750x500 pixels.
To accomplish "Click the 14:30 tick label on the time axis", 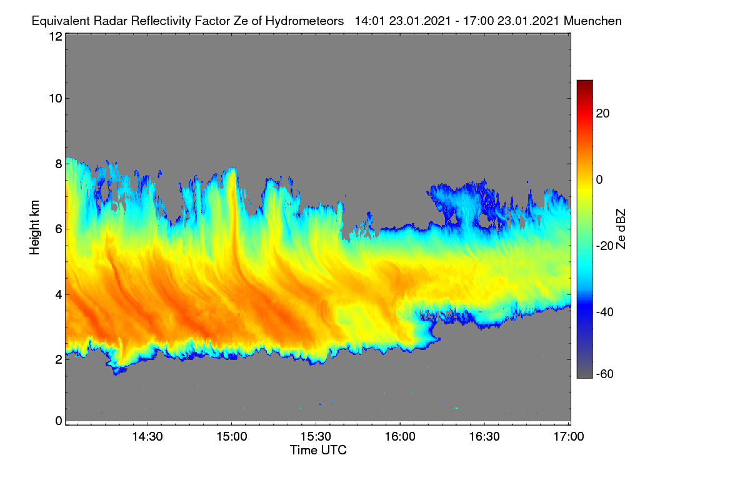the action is tap(147, 437).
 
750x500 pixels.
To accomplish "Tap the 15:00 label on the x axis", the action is tap(232, 437).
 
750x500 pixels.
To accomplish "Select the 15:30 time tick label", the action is tap(316, 437).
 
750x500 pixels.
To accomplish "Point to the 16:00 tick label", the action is tap(400, 437).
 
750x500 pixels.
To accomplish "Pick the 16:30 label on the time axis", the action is tap(484, 437).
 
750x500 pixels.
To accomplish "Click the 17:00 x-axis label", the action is tap(569, 437).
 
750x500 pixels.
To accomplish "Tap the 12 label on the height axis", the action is tap(56, 36).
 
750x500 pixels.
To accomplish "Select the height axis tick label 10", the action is tap(56, 99).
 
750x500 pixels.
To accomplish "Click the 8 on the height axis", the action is tap(59, 164).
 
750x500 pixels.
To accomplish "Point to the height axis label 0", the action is tap(59, 421).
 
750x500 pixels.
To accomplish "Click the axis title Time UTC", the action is tap(318, 451).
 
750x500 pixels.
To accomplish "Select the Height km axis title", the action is tap(34, 227).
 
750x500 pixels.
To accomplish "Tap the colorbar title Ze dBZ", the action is tap(621, 229).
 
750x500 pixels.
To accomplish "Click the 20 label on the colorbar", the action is tap(602, 114).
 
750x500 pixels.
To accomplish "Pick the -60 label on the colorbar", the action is tap(605, 374).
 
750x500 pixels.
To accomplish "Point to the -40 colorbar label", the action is tap(605, 312).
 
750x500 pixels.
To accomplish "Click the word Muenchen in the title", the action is tap(592, 21).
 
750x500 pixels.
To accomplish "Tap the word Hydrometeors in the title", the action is tap(304, 21).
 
